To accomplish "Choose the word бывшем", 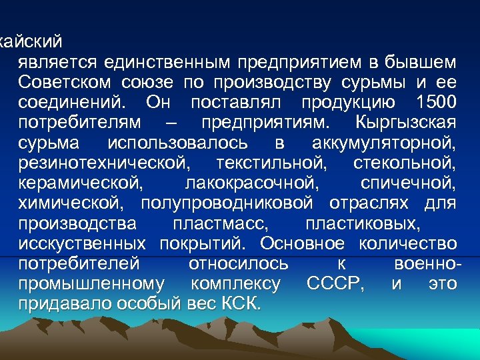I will pyautogui.click(x=423, y=63).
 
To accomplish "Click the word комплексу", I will pyautogui.click(x=235, y=283).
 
